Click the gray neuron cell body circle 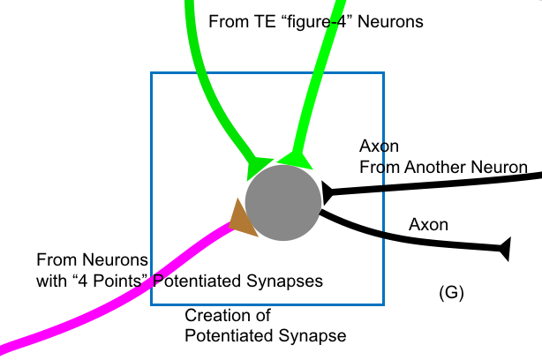[282, 203]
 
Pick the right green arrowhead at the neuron [295, 158]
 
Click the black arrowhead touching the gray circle [326, 191]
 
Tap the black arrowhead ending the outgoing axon [506, 249]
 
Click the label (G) [451, 292]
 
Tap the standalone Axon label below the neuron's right [428, 225]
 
